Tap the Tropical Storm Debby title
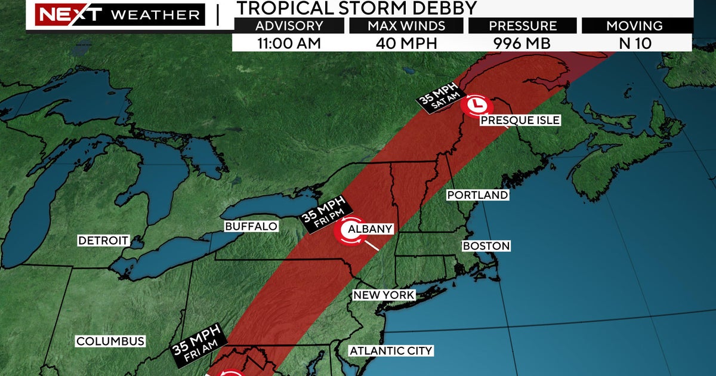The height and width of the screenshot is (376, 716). pos(357,8)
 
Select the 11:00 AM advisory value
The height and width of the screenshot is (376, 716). pos(289,43)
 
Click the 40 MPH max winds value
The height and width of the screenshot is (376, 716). pos(406,43)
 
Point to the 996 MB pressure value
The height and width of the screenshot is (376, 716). pos(522,43)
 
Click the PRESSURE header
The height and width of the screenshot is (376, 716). pos(522,26)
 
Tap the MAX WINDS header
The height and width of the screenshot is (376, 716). pos(406,26)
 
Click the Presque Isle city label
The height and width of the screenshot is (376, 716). pos(520,121)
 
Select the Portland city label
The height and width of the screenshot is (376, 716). pos(477,195)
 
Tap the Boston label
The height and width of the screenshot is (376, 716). pos(486,246)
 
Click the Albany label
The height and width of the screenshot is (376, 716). pos(371,229)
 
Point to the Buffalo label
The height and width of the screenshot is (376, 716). pos(251,227)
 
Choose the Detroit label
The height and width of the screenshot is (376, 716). pos(104,241)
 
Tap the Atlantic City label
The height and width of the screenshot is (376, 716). pos(391,351)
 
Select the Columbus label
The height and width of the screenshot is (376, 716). pos(110,341)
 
